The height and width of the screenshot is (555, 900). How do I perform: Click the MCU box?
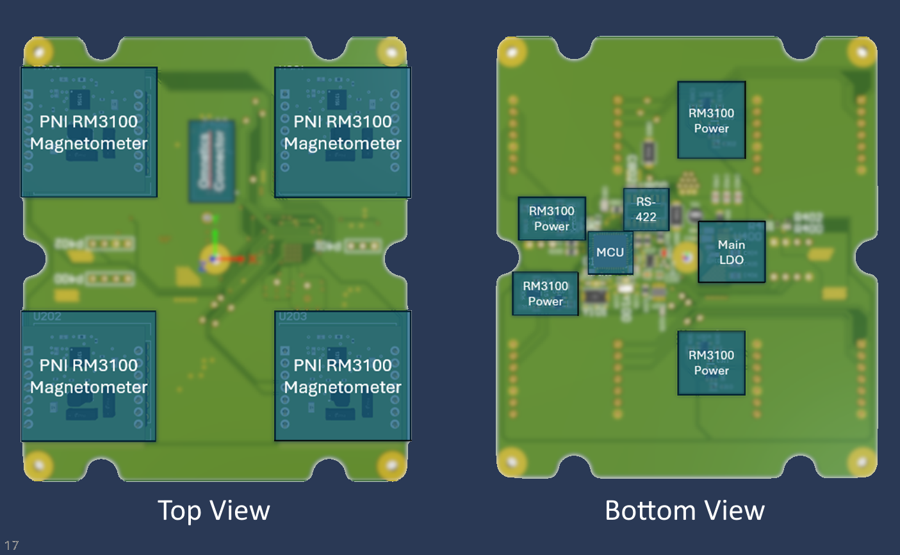coord(610,253)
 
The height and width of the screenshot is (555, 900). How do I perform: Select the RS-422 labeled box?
coord(646,210)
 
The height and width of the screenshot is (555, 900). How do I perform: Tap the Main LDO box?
coord(731,252)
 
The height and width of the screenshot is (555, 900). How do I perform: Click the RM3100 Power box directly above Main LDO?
coord(711,120)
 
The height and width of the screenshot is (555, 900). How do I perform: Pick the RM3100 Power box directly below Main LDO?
coord(711,363)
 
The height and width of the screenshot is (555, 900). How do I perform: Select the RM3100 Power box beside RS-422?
coord(551,219)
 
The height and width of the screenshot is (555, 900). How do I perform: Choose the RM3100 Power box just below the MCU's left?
coord(545,294)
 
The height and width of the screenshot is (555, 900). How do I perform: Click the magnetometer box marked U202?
coord(88,376)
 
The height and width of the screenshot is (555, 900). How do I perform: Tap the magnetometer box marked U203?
coord(342,376)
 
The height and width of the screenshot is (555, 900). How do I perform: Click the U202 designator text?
coord(47,317)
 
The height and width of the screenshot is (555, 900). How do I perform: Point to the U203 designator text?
coord(293,317)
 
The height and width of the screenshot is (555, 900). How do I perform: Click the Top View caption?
coord(213,511)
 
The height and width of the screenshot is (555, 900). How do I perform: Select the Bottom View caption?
coord(684,511)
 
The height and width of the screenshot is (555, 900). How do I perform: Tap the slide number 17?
coord(12,545)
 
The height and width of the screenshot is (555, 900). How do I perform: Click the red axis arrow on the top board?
coord(237,259)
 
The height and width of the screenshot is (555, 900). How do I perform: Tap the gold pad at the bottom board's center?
coord(685,258)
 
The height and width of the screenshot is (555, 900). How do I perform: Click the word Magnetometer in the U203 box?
coord(342,387)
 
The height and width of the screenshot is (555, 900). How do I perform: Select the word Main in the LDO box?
coord(731,245)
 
